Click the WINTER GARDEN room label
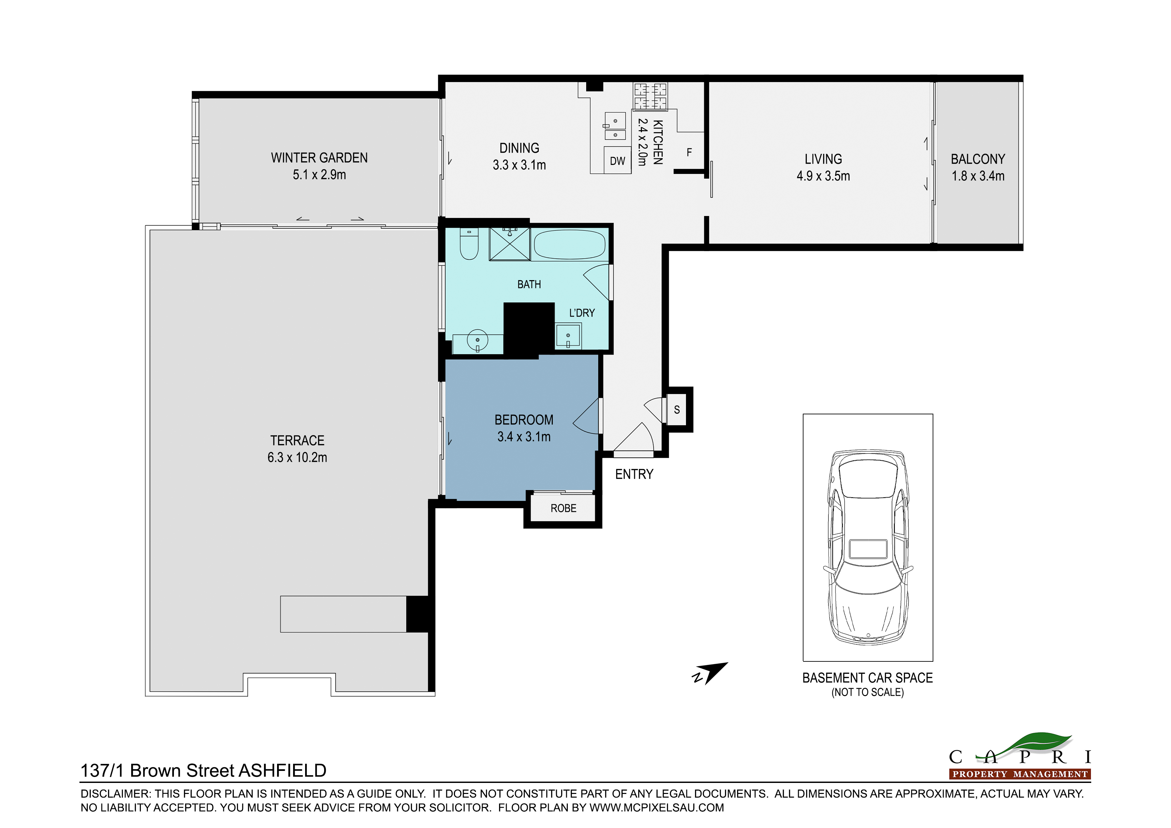(319, 158)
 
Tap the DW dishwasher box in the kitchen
(617, 161)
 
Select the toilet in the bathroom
(469, 244)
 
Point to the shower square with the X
(509, 244)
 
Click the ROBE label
(563, 508)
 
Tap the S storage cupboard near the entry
(677, 409)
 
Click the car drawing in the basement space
(868, 546)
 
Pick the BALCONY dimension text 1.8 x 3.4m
(978, 176)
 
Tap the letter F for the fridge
(689, 152)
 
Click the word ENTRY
(634, 474)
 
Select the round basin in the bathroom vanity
(477, 340)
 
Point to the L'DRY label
(582, 313)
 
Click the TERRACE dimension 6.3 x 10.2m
(297, 457)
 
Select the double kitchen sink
(615, 127)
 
